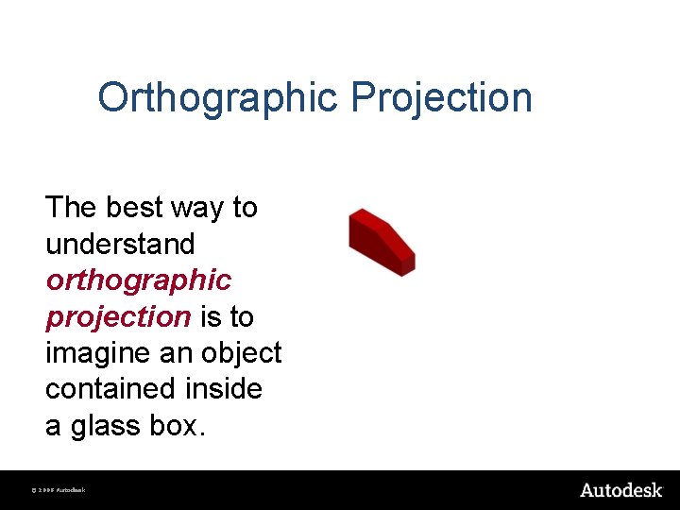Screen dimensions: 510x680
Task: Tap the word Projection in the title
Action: pos(442,98)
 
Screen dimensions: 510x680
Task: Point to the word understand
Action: pos(120,244)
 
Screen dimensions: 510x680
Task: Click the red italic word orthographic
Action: pos(138,280)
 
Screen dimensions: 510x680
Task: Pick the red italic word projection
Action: pos(118,317)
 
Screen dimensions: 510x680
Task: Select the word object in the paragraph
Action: pos(242,353)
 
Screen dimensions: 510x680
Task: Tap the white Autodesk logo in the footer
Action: pos(620,490)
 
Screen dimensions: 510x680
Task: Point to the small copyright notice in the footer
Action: pos(59,491)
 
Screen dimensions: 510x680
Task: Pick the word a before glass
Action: pos(53,427)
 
